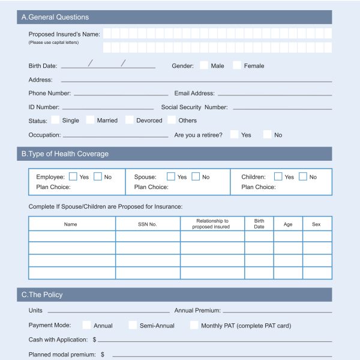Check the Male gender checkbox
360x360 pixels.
tap(204, 65)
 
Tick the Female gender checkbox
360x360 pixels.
tap(237, 65)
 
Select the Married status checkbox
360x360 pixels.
tap(90, 120)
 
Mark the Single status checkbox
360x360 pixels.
tap(55, 120)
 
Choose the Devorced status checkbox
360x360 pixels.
tap(129, 120)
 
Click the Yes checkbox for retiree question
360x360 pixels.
tap(234, 134)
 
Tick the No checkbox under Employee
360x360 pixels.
tap(98, 176)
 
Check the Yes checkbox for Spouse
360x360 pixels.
tap(171, 176)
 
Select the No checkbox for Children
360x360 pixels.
tap(303, 176)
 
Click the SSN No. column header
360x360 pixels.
tap(148, 224)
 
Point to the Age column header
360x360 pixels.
tap(288, 224)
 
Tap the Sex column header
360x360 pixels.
tap(316, 224)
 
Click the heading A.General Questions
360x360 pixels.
tap(55, 17)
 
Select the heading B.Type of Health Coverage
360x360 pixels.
tap(65, 154)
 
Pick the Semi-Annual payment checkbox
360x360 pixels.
tap(133, 325)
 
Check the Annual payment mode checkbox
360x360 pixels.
tap(86, 325)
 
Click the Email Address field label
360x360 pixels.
tap(194, 94)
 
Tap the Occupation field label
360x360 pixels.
tap(44, 135)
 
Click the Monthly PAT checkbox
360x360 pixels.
tap(194, 325)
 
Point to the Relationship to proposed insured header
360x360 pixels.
tap(211, 224)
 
